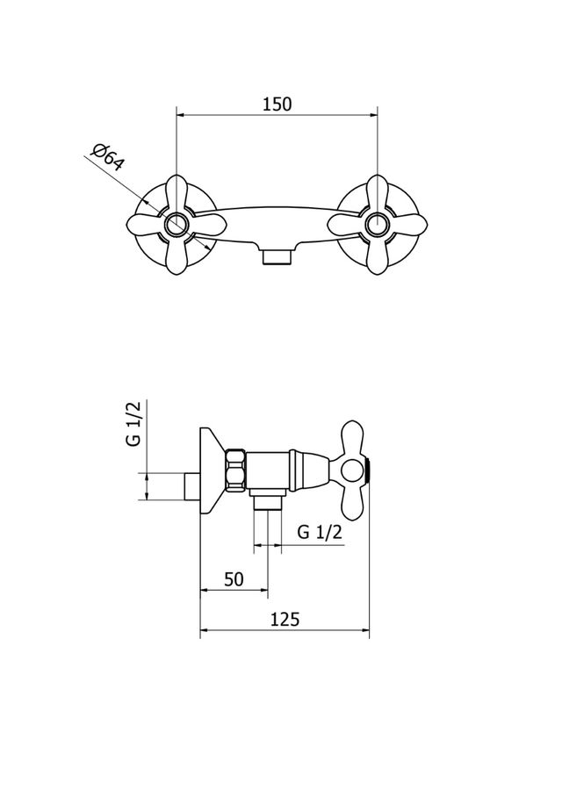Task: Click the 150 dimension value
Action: tap(277, 104)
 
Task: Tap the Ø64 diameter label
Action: tap(109, 160)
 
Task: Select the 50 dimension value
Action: tap(233, 579)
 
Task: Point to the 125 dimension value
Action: tap(285, 620)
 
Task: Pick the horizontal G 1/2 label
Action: tap(319, 533)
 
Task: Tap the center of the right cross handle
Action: tap(377, 225)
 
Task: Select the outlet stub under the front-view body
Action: tap(277, 257)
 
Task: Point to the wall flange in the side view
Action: tap(212, 470)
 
